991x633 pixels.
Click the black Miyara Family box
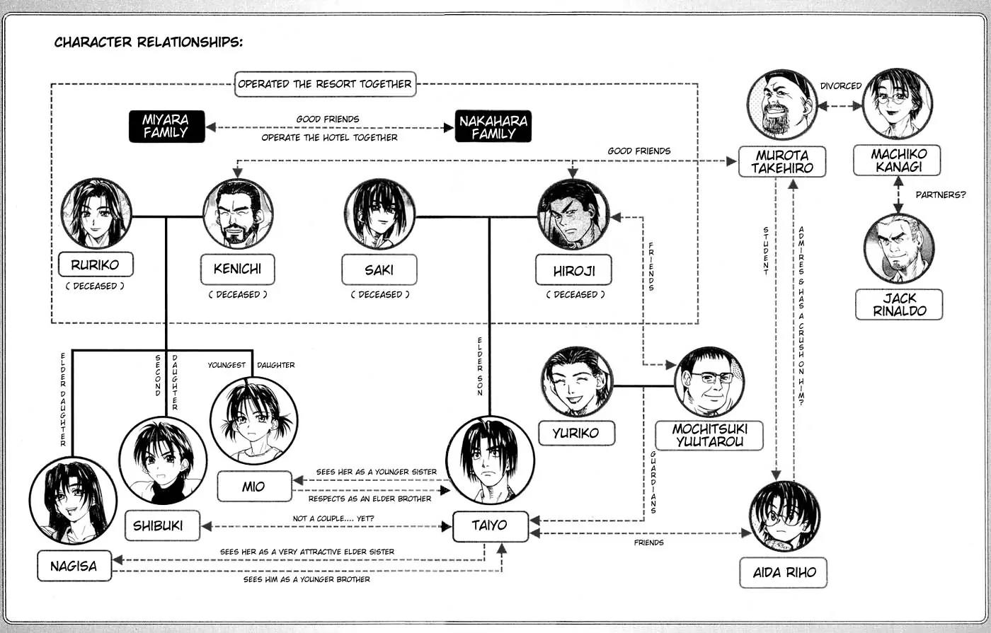[x=166, y=126]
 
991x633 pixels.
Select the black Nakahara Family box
[x=493, y=126]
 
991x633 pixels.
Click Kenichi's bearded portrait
[x=238, y=214]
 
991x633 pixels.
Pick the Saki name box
[x=379, y=269]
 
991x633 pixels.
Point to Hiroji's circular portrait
[x=573, y=214]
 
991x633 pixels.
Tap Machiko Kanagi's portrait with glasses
[x=898, y=103]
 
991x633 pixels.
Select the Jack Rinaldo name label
[x=899, y=304]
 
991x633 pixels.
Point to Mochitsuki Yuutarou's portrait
[x=709, y=382]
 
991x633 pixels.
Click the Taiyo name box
[x=490, y=526]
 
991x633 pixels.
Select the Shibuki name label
[x=162, y=526]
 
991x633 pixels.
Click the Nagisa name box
[x=74, y=566]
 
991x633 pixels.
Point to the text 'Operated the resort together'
[x=324, y=83]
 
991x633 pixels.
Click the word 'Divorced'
[x=840, y=86]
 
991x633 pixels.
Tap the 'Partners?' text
[x=940, y=194]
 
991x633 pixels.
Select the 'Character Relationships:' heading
[x=149, y=42]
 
